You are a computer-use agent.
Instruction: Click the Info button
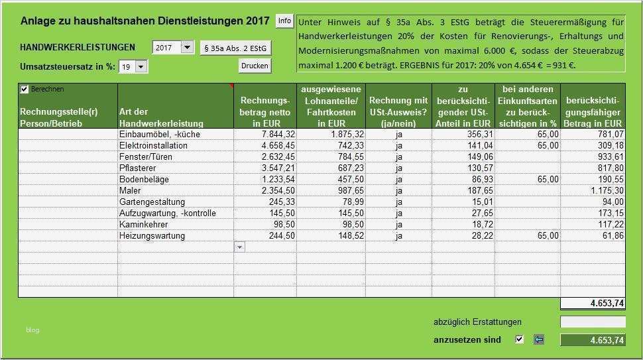coord(284,21)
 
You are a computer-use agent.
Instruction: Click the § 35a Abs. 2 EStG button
coord(235,48)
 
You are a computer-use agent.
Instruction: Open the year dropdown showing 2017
coord(186,47)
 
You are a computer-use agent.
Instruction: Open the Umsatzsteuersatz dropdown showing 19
coord(141,66)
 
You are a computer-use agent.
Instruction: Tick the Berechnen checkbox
coord(25,89)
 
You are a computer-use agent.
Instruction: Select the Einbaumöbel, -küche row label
coord(160,134)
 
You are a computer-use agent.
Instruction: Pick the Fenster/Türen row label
coord(146,156)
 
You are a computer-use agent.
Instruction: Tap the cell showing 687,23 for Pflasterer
coord(349,168)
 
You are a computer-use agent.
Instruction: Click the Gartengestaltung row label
coord(152,202)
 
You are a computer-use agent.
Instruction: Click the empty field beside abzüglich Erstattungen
coord(593,322)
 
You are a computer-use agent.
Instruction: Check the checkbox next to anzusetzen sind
coord(519,339)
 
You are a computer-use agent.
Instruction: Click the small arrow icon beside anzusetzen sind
coord(538,339)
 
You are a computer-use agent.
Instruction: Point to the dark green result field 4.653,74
coord(593,340)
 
